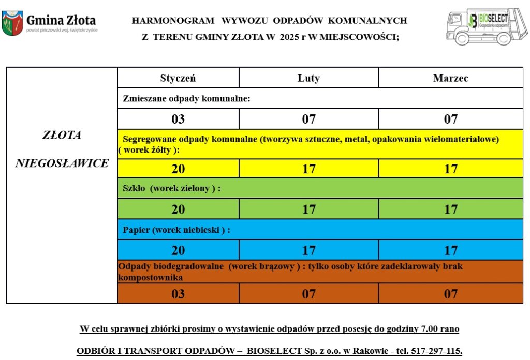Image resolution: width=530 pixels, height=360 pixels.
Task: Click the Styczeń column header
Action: click(178, 78)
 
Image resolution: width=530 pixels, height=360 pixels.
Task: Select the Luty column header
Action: click(308, 78)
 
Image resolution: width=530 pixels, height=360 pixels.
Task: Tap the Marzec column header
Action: click(450, 78)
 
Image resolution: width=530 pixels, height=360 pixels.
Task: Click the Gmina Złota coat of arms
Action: click(12, 23)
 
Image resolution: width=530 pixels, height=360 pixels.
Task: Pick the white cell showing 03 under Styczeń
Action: click(178, 119)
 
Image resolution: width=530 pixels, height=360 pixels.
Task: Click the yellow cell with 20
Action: click(178, 169)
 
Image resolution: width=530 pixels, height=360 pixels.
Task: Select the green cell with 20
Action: click(178, 209)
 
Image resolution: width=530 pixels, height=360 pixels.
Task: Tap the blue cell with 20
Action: click(178, 250)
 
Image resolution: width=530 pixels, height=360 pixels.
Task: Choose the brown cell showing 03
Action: click(178, 294)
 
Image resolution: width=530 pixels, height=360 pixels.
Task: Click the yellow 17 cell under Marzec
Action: click(450, 169)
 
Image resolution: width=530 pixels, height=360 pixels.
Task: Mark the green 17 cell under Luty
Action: click(308, 209)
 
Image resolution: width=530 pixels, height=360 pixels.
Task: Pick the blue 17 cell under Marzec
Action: click(450, 250)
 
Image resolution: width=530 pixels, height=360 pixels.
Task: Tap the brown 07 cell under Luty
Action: click(308, 294)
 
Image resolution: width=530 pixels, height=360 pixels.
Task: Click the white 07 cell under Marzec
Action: click(450, 119)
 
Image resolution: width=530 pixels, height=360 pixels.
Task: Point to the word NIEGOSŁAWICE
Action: click(62, 163)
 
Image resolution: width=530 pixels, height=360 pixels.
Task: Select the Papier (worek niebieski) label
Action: click(176, 230)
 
